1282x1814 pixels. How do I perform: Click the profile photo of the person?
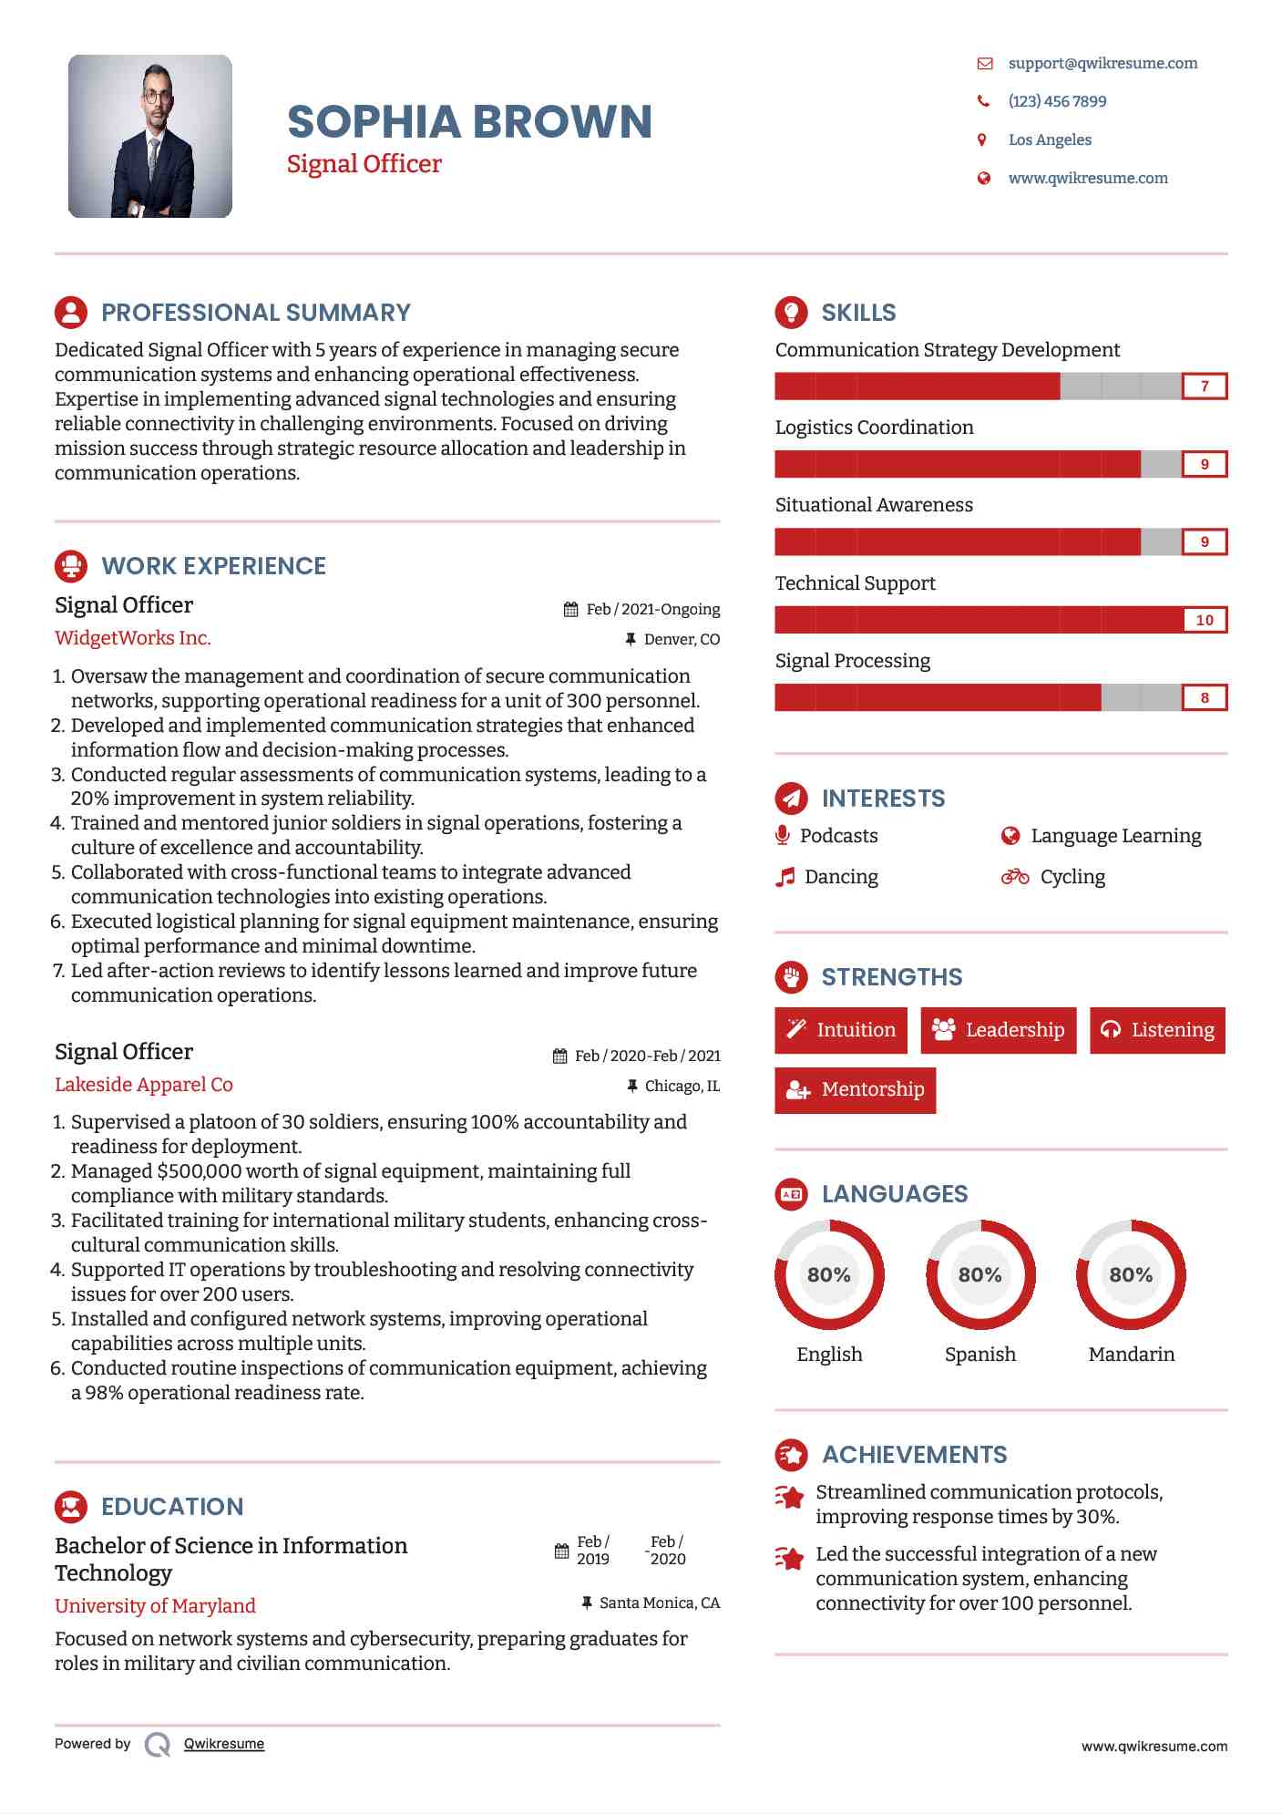(150, 136)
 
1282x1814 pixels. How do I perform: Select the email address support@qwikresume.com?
(1103, 63)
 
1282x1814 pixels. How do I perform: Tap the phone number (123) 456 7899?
(1057, 101)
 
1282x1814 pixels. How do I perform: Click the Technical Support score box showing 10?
(1204, 620)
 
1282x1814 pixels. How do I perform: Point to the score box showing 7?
(1204, 387)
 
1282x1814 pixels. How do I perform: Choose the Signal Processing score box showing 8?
(1204, 698)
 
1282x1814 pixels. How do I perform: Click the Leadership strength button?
(999, 1030)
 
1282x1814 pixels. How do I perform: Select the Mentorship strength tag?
(855, 1090)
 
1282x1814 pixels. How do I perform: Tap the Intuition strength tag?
(841, 1030)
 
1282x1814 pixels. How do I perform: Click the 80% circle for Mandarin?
(1131, 1274)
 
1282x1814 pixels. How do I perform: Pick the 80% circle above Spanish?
(980, 1274)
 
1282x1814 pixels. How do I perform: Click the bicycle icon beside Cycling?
(1015, 877)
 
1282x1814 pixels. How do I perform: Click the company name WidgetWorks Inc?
(133, 638)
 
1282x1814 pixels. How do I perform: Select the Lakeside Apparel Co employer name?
(144, 1085)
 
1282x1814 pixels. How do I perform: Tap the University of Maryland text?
(155, 1606)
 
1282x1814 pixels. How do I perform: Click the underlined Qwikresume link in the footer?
(224, 1744)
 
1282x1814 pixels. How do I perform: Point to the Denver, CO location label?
(682, 640)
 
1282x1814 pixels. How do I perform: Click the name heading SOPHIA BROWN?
(469, 122)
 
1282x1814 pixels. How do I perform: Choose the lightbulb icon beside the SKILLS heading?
(791, 312)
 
